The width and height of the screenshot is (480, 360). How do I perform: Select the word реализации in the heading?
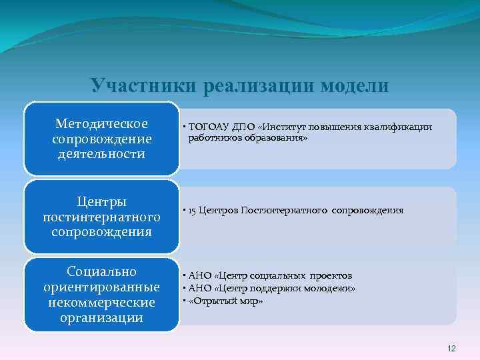251,86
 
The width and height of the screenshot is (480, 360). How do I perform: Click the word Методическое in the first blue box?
101,124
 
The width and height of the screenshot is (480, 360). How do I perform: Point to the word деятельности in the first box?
101,154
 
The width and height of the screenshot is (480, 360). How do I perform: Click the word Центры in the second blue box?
101,201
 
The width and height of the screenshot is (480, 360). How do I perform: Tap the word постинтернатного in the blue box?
101,217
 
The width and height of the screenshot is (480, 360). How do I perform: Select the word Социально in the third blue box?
101,271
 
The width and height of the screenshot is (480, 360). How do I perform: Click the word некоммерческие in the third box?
101,302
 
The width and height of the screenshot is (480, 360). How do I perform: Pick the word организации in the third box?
101,317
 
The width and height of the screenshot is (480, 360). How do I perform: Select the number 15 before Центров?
193,211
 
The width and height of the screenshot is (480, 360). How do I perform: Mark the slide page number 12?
451,349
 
